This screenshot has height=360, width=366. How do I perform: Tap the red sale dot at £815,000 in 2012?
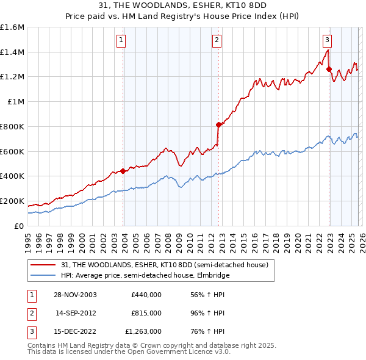(218, 124)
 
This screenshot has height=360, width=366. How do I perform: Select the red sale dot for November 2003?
(123, 171)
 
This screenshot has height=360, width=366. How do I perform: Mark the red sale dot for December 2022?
(329, 69)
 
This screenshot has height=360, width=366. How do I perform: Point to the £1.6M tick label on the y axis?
(12, 27)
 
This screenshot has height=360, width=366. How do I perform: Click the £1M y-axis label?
(15, 102)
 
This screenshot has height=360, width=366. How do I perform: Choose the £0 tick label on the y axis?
(20, 226)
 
